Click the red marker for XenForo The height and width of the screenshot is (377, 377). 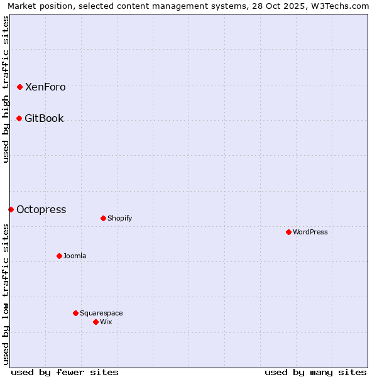click(19, 87)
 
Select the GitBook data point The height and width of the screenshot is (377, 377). click(19, 119)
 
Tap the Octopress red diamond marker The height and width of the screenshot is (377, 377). click(11, 210)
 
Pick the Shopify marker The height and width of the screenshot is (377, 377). click(103, 219)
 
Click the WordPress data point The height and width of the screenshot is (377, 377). click(288, 232)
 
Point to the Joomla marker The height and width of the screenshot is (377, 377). click(59, 256)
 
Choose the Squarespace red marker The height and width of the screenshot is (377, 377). click(75, 313)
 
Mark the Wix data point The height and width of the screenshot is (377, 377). click(96, 322)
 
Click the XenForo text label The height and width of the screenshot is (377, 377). click(45, 87)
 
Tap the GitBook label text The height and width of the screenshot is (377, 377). click(44, 119)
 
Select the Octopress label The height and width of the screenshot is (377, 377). click(41, 210)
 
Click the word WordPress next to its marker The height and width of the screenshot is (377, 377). click(310, 232)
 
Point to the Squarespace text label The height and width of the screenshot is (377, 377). click(101, 313)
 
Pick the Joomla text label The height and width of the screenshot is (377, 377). click(75, 256)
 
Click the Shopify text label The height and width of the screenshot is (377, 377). click(119, 219)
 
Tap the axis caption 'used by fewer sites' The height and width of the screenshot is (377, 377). click(65, 372)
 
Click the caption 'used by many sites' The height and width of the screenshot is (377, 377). click(315, 372)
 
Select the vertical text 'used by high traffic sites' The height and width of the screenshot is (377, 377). click(6, 89)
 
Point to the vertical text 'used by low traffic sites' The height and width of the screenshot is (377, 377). click(6, 294)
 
